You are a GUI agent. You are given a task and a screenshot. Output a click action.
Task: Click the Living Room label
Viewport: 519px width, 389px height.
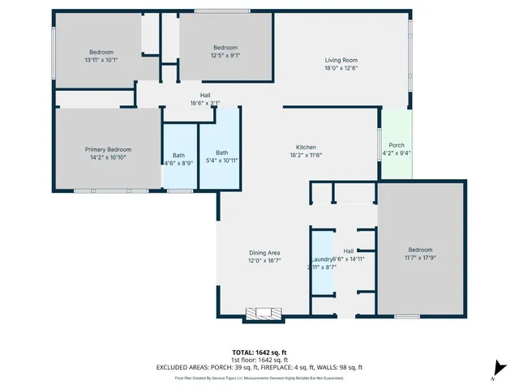point(341,60)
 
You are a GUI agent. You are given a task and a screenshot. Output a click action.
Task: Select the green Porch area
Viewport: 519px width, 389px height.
point(397,149)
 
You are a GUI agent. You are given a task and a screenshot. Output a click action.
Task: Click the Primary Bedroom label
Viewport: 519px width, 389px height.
point(108,149)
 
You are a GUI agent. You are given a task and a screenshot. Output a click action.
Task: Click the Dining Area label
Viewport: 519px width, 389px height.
point(264,253)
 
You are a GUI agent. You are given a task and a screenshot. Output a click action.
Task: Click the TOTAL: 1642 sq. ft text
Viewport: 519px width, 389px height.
point(259,353)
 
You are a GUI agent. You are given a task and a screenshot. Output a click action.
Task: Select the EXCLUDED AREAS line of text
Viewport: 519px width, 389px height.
point(259,367)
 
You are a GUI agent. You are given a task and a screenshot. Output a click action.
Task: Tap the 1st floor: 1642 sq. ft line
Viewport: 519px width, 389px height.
point(259,360)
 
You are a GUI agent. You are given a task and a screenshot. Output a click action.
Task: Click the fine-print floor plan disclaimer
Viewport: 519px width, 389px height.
point(259,378)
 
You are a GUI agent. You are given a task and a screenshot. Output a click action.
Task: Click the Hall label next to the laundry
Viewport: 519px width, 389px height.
point(349,251)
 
